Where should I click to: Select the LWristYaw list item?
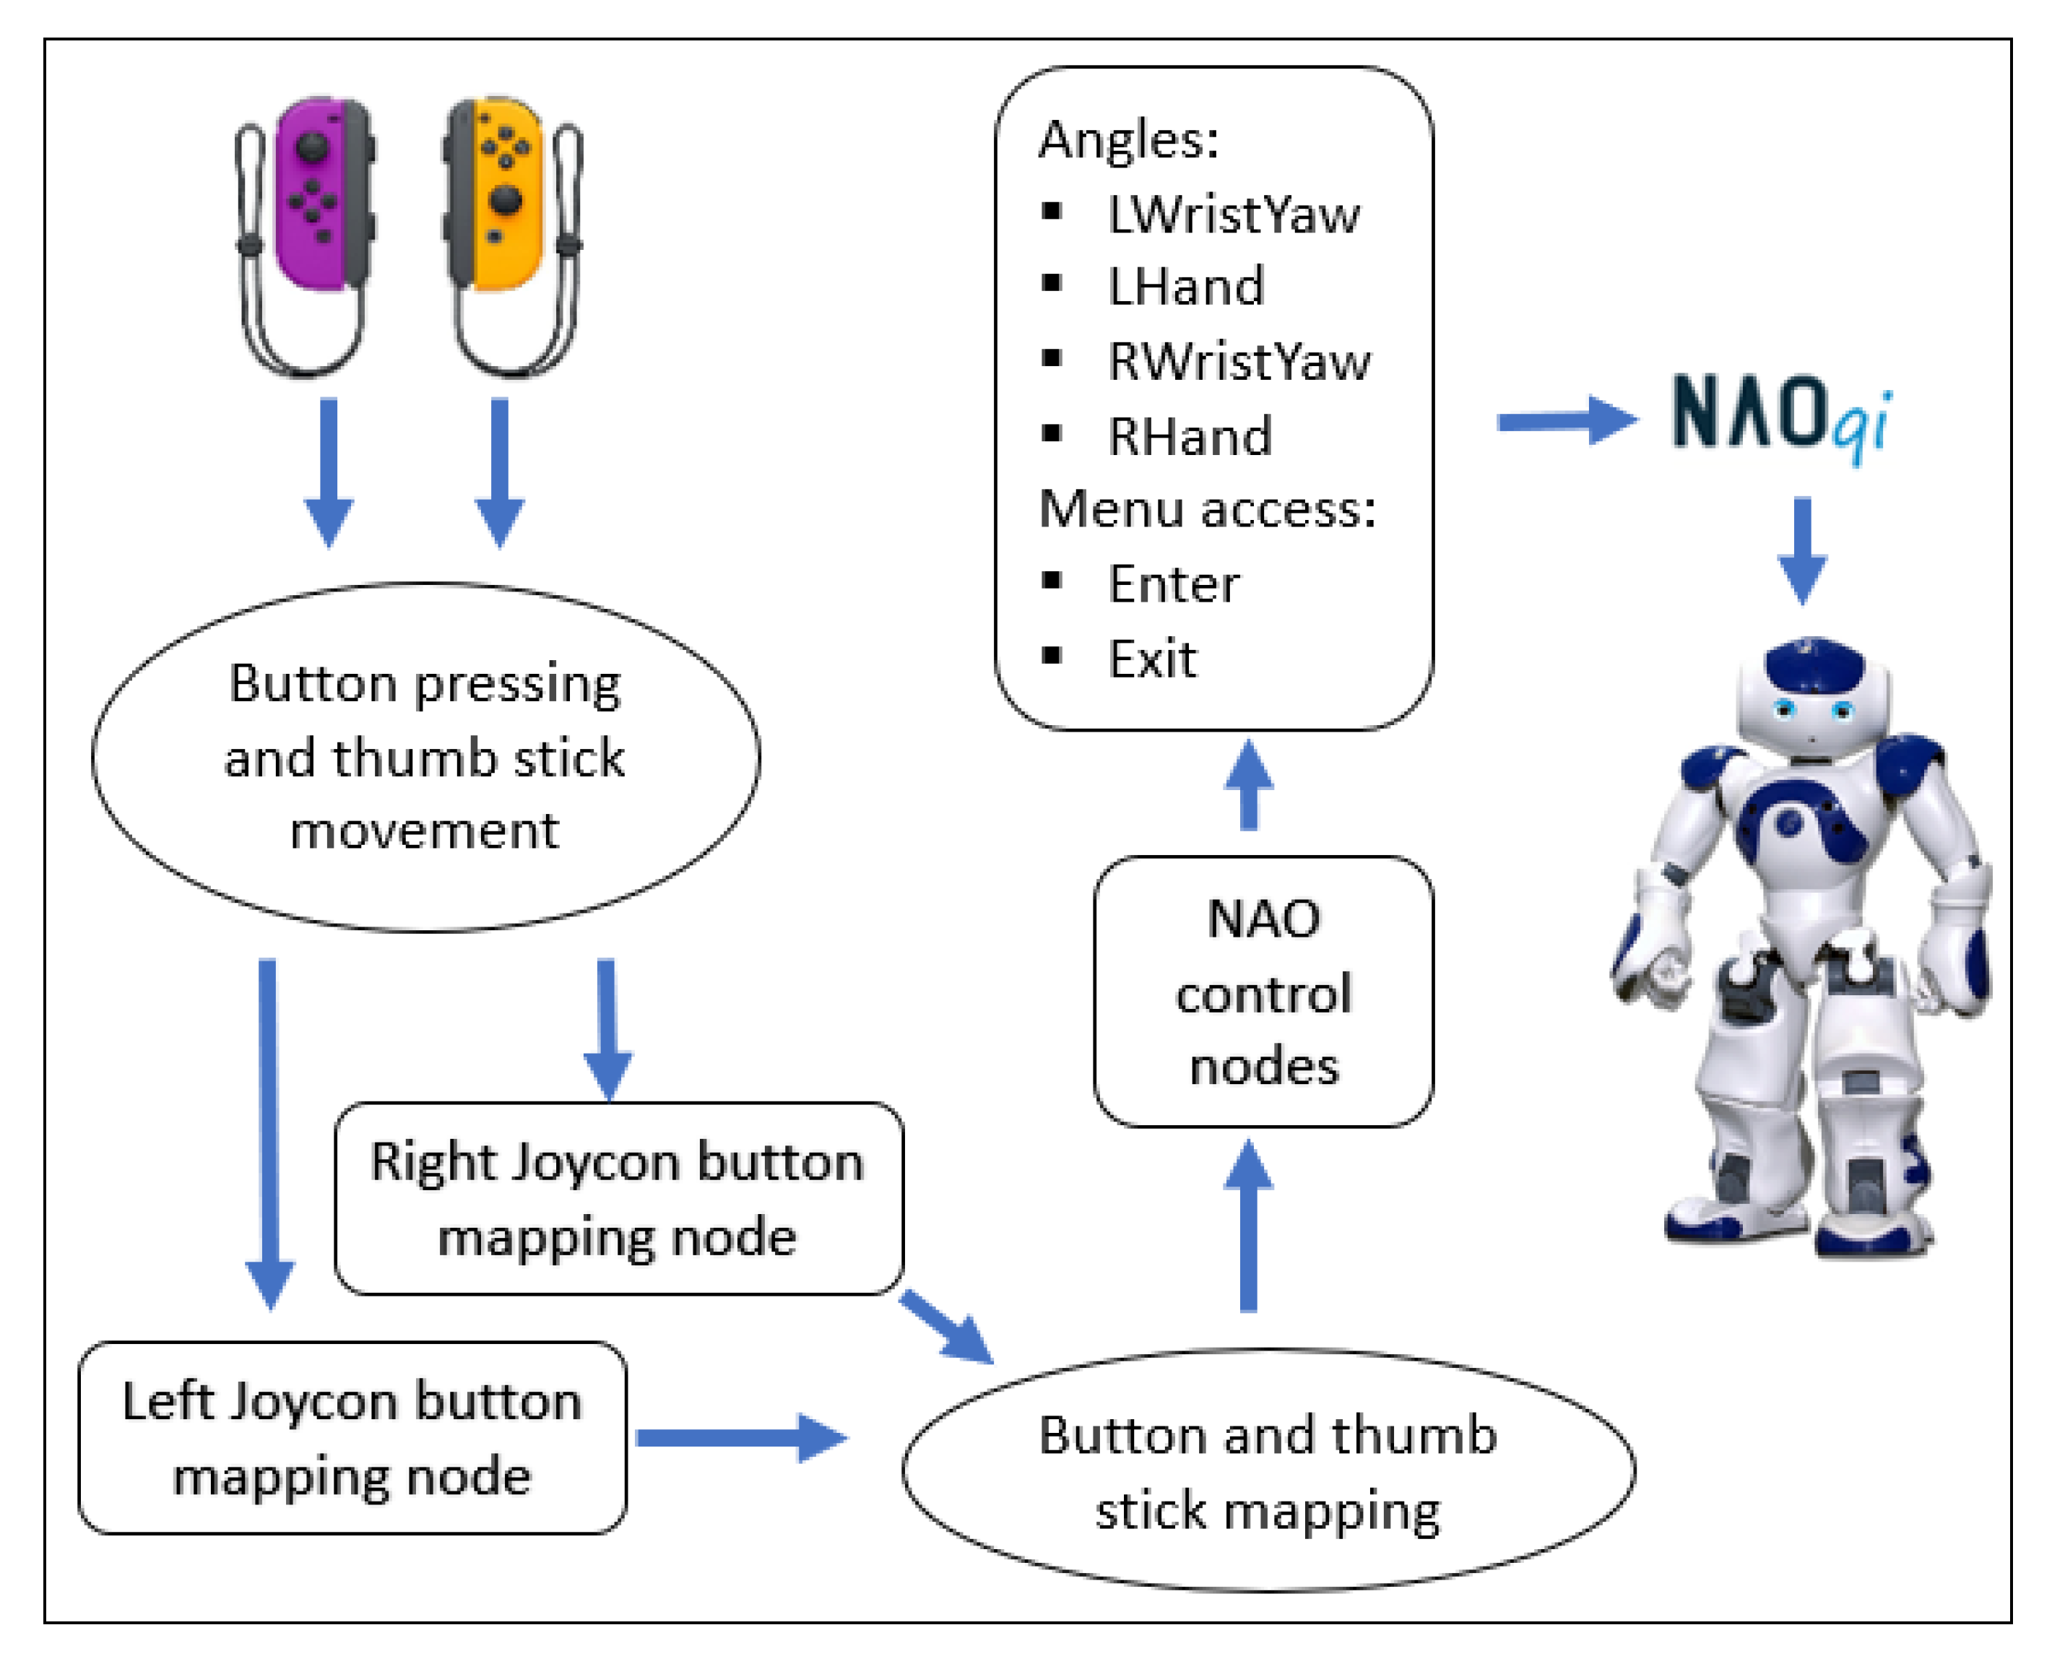pyautogui.click(x=1232, y=214)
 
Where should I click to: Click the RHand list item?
pyautogui.click(x=1190, y=437)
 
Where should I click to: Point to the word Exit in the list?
pyautogui.click(x=1152, y=659)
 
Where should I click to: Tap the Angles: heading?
pyautogui.click(x=1128, y=140)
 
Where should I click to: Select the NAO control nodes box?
pyautogui.click(x=1263, y=992)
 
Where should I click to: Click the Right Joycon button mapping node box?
pyautogui.click(x=618, y=1198)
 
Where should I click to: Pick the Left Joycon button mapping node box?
pyautogui.click(x=352, y=1438)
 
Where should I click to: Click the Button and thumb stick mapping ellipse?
pyautogui.click(x=1267, y=1471)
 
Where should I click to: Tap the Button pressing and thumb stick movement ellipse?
pyautogui.click(x=425, y=757)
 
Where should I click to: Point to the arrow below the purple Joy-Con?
pyautogui.click(x=329, y=469)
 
